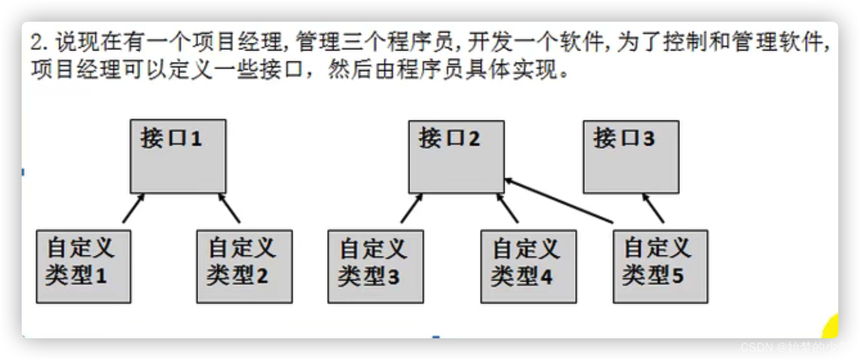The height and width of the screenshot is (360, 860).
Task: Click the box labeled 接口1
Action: click(178, 156)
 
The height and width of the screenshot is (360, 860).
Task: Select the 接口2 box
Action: click(456, 156)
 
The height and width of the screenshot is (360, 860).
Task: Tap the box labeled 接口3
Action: click(631, 156)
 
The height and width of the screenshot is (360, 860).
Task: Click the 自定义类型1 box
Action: click(84, 265)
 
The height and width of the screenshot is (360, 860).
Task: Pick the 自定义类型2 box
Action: click(245, 265)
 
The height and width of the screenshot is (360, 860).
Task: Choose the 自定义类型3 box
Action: click(375, 265)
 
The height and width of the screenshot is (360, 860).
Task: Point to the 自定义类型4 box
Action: click(528, 265)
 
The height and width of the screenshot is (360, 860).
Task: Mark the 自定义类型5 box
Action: click(660, 265)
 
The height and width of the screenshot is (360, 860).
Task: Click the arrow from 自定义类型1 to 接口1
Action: click(132, 208)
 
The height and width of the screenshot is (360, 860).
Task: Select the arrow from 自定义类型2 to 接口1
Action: click(229, 208)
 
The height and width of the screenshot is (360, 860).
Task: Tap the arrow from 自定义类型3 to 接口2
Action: click(411, 208)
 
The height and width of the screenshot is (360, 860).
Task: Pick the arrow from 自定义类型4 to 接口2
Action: click(508, 208)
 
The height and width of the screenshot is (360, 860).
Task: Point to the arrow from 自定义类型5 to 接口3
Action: click(653, 208)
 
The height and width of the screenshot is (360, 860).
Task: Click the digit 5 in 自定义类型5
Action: click(677, 276)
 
